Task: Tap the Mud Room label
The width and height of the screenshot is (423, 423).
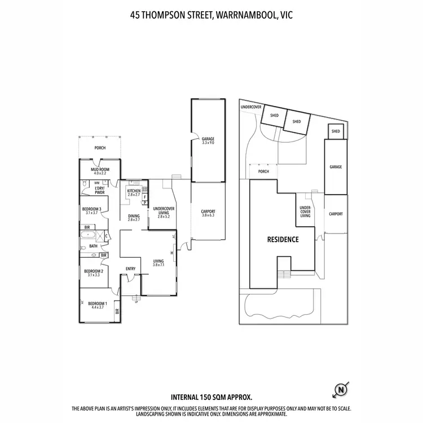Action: (x=100, y=171)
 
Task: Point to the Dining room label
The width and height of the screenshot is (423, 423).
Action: (x=134, y=217)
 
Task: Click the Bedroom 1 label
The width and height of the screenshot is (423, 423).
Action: (x=95, y=305)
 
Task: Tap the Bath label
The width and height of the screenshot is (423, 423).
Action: (x=92, y=246)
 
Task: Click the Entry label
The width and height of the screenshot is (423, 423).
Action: (x=130, y=268)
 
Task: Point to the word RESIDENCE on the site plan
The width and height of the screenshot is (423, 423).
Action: (x=283, y=239)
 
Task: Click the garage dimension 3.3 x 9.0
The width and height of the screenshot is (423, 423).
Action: (x=208, y=143)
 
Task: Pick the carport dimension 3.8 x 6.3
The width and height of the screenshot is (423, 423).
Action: (x=208, y=215)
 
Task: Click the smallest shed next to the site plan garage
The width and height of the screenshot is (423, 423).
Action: (x=336, y=131)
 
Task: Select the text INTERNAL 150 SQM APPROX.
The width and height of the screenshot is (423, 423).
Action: (x=211, y=397)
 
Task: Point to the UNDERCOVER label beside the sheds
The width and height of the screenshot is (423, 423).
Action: (x=251, y=106)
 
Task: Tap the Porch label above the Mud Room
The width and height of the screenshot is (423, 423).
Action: (x=100, y=148)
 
